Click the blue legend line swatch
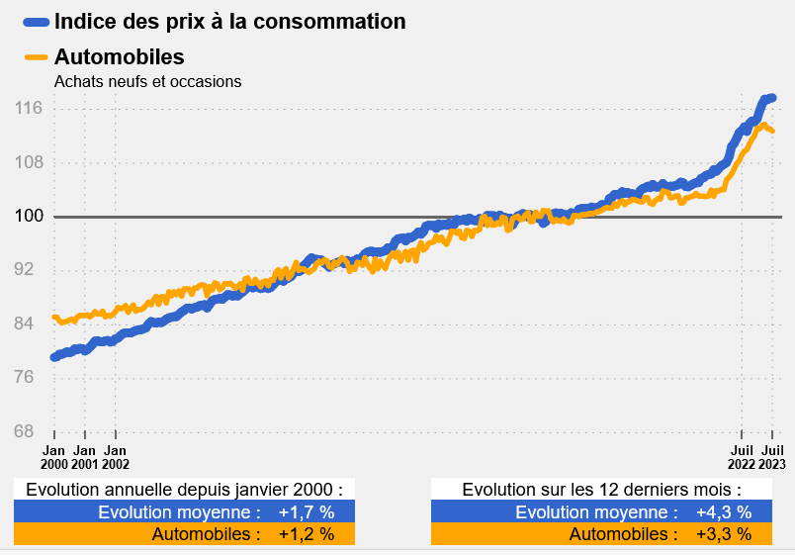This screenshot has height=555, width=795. (36, 22)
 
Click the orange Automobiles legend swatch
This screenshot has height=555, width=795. (36, 57)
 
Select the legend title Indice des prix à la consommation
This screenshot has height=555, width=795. (229, 21)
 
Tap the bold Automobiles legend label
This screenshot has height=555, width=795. (120, 57)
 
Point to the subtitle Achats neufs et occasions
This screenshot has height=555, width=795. (148, 82)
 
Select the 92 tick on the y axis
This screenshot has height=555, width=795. (29, 270)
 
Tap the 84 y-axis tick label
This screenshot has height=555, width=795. (29, 324)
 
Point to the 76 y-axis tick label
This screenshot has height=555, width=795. (29, 377)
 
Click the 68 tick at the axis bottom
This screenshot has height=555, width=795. (29, 431)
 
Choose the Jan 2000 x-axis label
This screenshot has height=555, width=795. (53, 455)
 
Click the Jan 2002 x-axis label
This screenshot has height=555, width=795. (116, 455)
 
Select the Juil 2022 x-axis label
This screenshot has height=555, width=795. (742, 455)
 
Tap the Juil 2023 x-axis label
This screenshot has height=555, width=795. (772, 455)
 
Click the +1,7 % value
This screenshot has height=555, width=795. (307, 512)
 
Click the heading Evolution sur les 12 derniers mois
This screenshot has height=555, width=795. (601, 490)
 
